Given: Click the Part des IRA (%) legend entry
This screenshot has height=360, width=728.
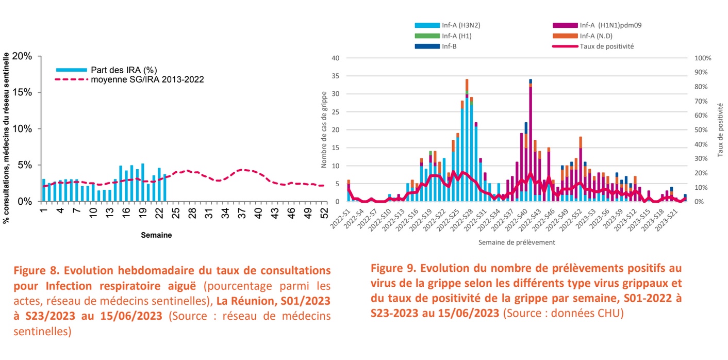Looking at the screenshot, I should pyautogui.click(x=124, y=70).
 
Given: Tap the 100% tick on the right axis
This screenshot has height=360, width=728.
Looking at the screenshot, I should pyautogui.click(x=703, y=58).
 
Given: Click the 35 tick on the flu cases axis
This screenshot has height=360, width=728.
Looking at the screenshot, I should pyautogui.click(x=335, y=76).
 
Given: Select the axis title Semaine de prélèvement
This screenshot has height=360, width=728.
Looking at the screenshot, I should pyautogui.click(x=516, y=242).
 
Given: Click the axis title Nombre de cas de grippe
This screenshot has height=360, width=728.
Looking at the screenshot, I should pyautogui.click(x=324, y=129).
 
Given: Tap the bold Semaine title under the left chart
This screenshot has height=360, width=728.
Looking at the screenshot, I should pyautogui.click(x=156, y=235).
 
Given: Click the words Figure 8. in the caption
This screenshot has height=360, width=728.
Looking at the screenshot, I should pyautogui.click(x=34, y=271).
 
